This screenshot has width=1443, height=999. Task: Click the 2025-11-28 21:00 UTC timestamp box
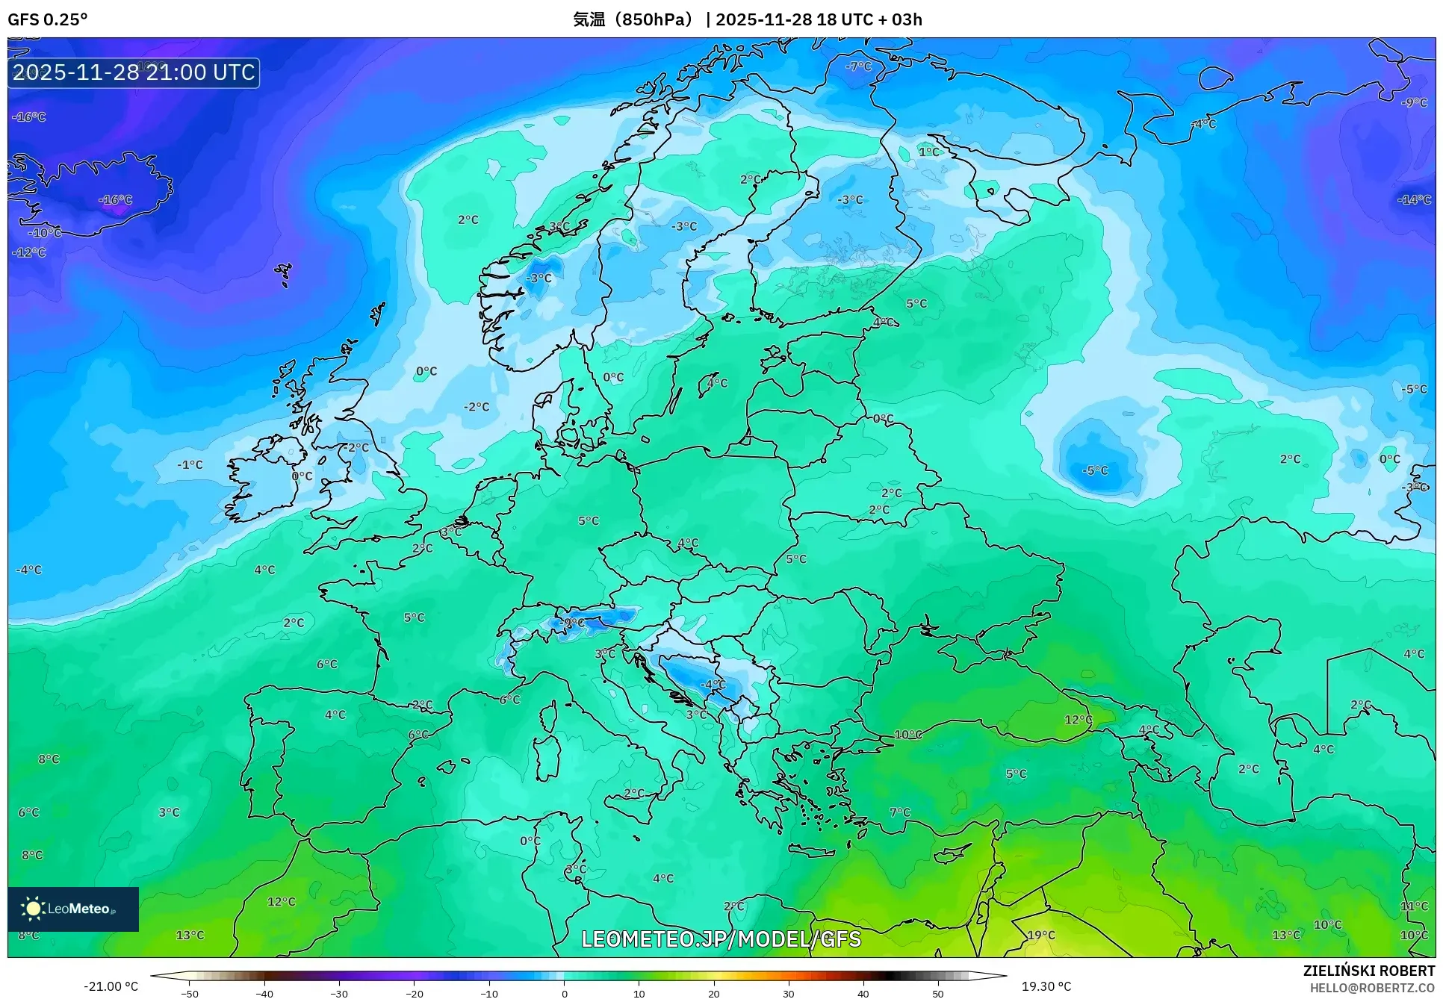(x=134, y=73)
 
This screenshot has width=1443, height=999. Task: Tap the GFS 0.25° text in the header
(x=47, y=19)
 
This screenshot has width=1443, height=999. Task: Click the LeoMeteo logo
(x=72, y=909)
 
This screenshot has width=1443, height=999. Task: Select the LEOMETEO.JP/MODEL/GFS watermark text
(x=721, y=939)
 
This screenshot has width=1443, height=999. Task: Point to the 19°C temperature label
(x=1040, y=936)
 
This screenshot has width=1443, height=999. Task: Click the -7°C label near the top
(x=858, y=66)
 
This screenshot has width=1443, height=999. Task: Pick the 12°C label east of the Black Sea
(x=1078, y=720)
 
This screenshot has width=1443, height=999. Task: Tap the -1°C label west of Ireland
(x=190, y=464)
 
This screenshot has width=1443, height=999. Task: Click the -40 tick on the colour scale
(x=264, y=993)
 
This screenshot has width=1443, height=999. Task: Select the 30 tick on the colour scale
(x=789, y=993)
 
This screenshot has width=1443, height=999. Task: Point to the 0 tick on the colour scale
(x=564, y=993)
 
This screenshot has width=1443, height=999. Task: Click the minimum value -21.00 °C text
(x=111, y=986)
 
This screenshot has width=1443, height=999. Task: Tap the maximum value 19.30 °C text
(x=1046, y=986)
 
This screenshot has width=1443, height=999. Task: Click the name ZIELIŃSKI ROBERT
(x=1368, y=971)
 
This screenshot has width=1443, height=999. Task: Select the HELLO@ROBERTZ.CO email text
(x=1371, y=988)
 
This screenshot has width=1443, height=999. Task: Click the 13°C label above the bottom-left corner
(x=190, y=936)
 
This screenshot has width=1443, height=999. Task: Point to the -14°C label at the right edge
(x=1413, y=200)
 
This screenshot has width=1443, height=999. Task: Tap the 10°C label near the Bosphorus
(x=907, y=735)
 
